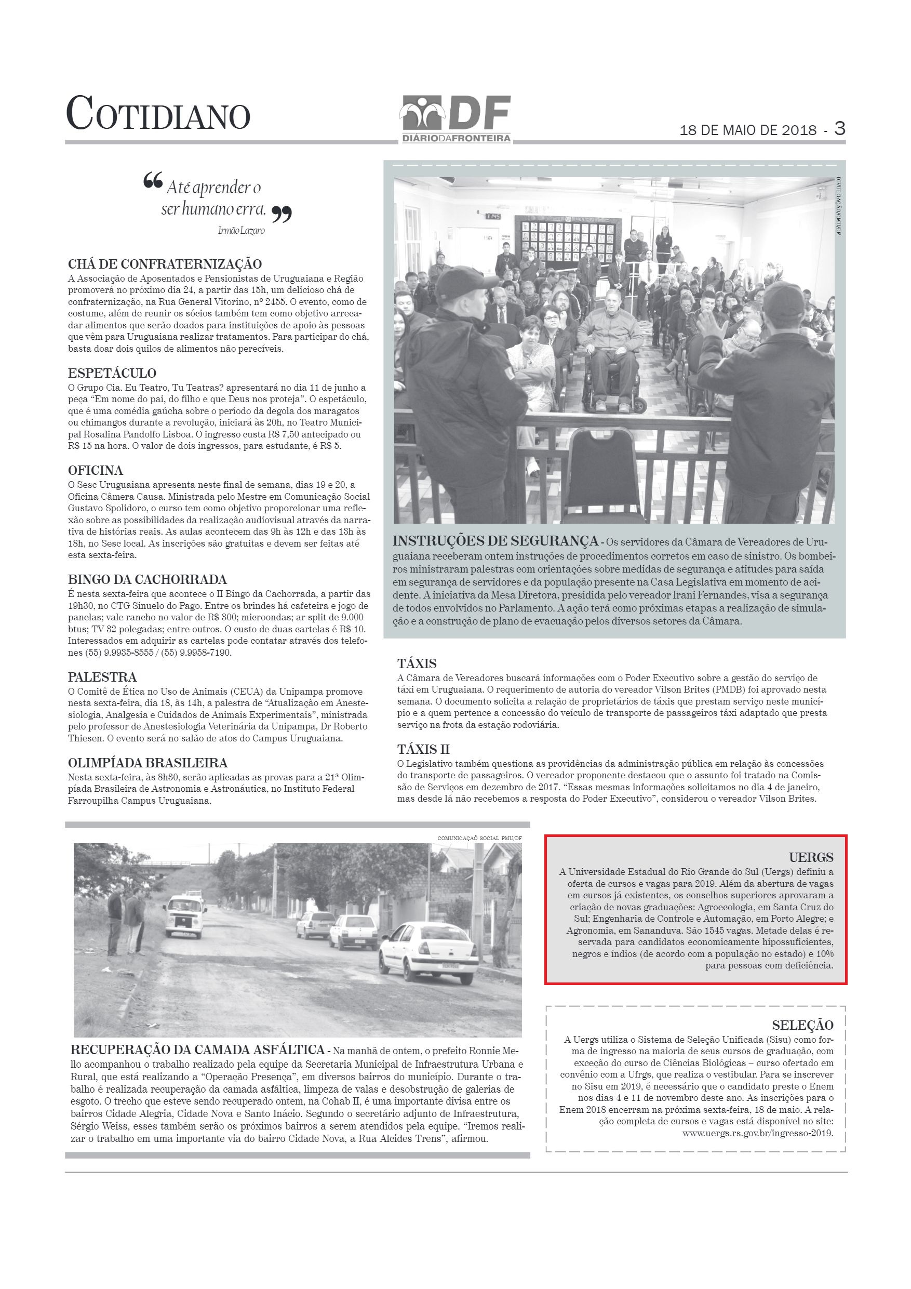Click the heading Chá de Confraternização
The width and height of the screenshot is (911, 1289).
(165, 264)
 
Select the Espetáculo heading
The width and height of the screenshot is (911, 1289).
(112, 374)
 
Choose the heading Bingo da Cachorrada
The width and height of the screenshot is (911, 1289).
(147, 579)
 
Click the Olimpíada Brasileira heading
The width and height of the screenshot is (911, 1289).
(148, 763)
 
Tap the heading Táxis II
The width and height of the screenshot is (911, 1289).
(423, 750)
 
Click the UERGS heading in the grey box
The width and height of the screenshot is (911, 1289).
(811, 857)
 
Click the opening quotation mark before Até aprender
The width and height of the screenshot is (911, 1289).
(153, 181)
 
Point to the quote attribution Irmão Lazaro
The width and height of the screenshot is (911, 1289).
(241, 231)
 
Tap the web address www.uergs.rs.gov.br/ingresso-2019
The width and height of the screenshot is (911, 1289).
(758, 1133)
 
